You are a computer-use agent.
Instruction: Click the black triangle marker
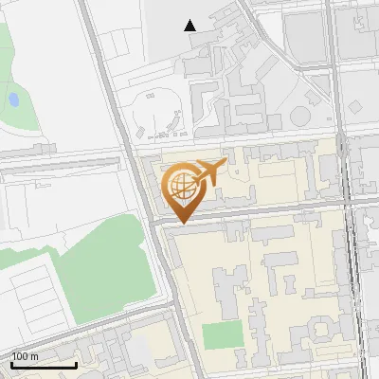pos(190,26)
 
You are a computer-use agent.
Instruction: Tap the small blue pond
pos(13,99)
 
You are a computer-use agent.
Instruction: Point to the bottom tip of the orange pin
pos(181,224)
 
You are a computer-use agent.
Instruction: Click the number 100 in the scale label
pos(21,356)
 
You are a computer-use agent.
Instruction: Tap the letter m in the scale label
pos(34,356)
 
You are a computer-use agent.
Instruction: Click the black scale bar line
pos(43,364)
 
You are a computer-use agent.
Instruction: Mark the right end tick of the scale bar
pos(76,362)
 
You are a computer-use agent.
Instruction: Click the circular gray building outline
pos(300,116)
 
